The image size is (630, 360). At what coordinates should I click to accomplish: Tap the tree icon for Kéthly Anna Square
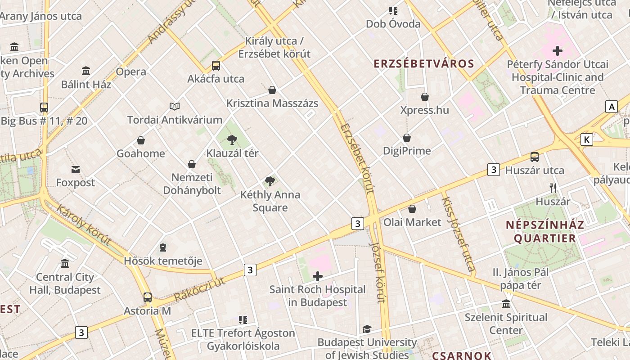[x=270, y=181]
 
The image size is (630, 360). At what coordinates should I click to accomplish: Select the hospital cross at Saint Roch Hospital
[x=318, y=276]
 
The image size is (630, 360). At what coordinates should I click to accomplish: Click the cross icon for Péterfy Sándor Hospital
[x=558, y=51]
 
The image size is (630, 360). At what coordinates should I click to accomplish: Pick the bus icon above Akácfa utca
[x=216, y=66]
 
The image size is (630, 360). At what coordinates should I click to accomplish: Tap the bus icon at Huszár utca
[x=535, y=157]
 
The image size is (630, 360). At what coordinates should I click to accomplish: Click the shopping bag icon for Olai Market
[x=412, y=209]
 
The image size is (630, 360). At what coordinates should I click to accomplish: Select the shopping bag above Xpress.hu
[x=425, y=97]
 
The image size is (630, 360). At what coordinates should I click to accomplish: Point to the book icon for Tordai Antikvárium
[x=175, y=107]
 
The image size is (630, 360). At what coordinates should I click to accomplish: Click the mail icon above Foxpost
[x=76, y=170]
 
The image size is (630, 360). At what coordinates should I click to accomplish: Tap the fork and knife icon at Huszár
[x=553, y=188]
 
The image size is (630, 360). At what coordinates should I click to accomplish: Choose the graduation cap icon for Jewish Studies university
[x=367, y=329]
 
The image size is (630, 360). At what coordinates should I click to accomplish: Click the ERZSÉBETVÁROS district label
[x=424, y=63]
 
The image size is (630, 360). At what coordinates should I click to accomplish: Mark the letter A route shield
[x=612, y=107]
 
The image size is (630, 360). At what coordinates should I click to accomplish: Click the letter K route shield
[x=586, y=139]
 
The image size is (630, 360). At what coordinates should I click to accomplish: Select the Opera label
[x=131, y=72]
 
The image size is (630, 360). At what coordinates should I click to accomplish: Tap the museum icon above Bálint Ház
[x=86, y=71]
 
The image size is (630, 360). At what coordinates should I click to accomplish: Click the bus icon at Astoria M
[x=148, y=297]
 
